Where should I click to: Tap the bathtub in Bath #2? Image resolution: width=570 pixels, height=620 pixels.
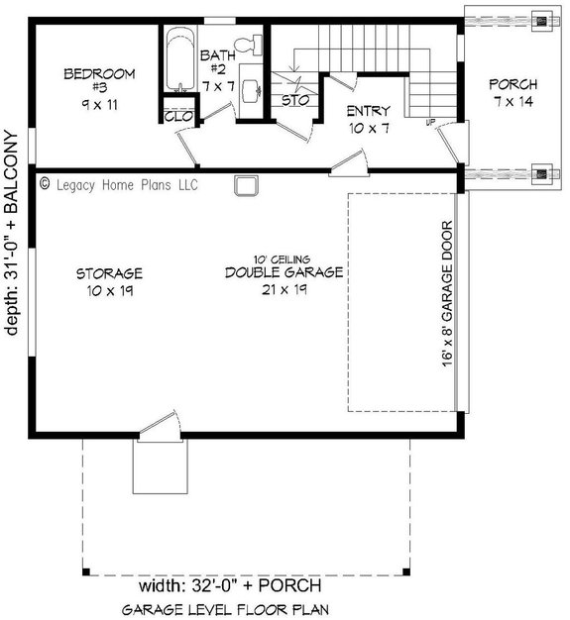click(180, 64)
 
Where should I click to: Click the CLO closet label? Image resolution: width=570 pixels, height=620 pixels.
click(179, 115)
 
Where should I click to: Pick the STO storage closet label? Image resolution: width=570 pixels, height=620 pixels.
click(292, 100)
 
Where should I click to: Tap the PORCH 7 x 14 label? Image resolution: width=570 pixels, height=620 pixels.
click(513, 93)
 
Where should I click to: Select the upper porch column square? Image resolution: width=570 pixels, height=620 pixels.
click(541, 19)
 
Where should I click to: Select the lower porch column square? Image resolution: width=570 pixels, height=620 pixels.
click(541, 176)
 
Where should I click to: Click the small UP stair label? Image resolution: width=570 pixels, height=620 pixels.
click(430, 123)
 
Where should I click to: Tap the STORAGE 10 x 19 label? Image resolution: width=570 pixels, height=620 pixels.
click(109, 281)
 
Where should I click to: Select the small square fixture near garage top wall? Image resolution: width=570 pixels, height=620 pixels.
click(245, 185)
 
